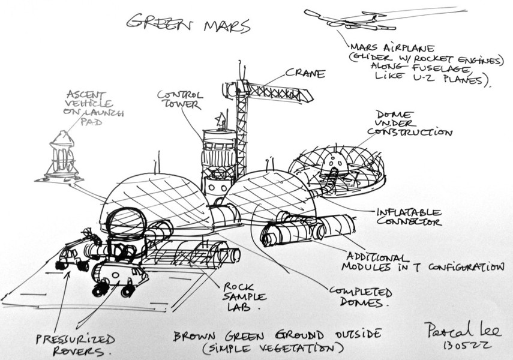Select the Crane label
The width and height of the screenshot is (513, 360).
tap(305, 74)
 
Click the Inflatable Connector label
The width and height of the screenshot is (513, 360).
tap(409, 217)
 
